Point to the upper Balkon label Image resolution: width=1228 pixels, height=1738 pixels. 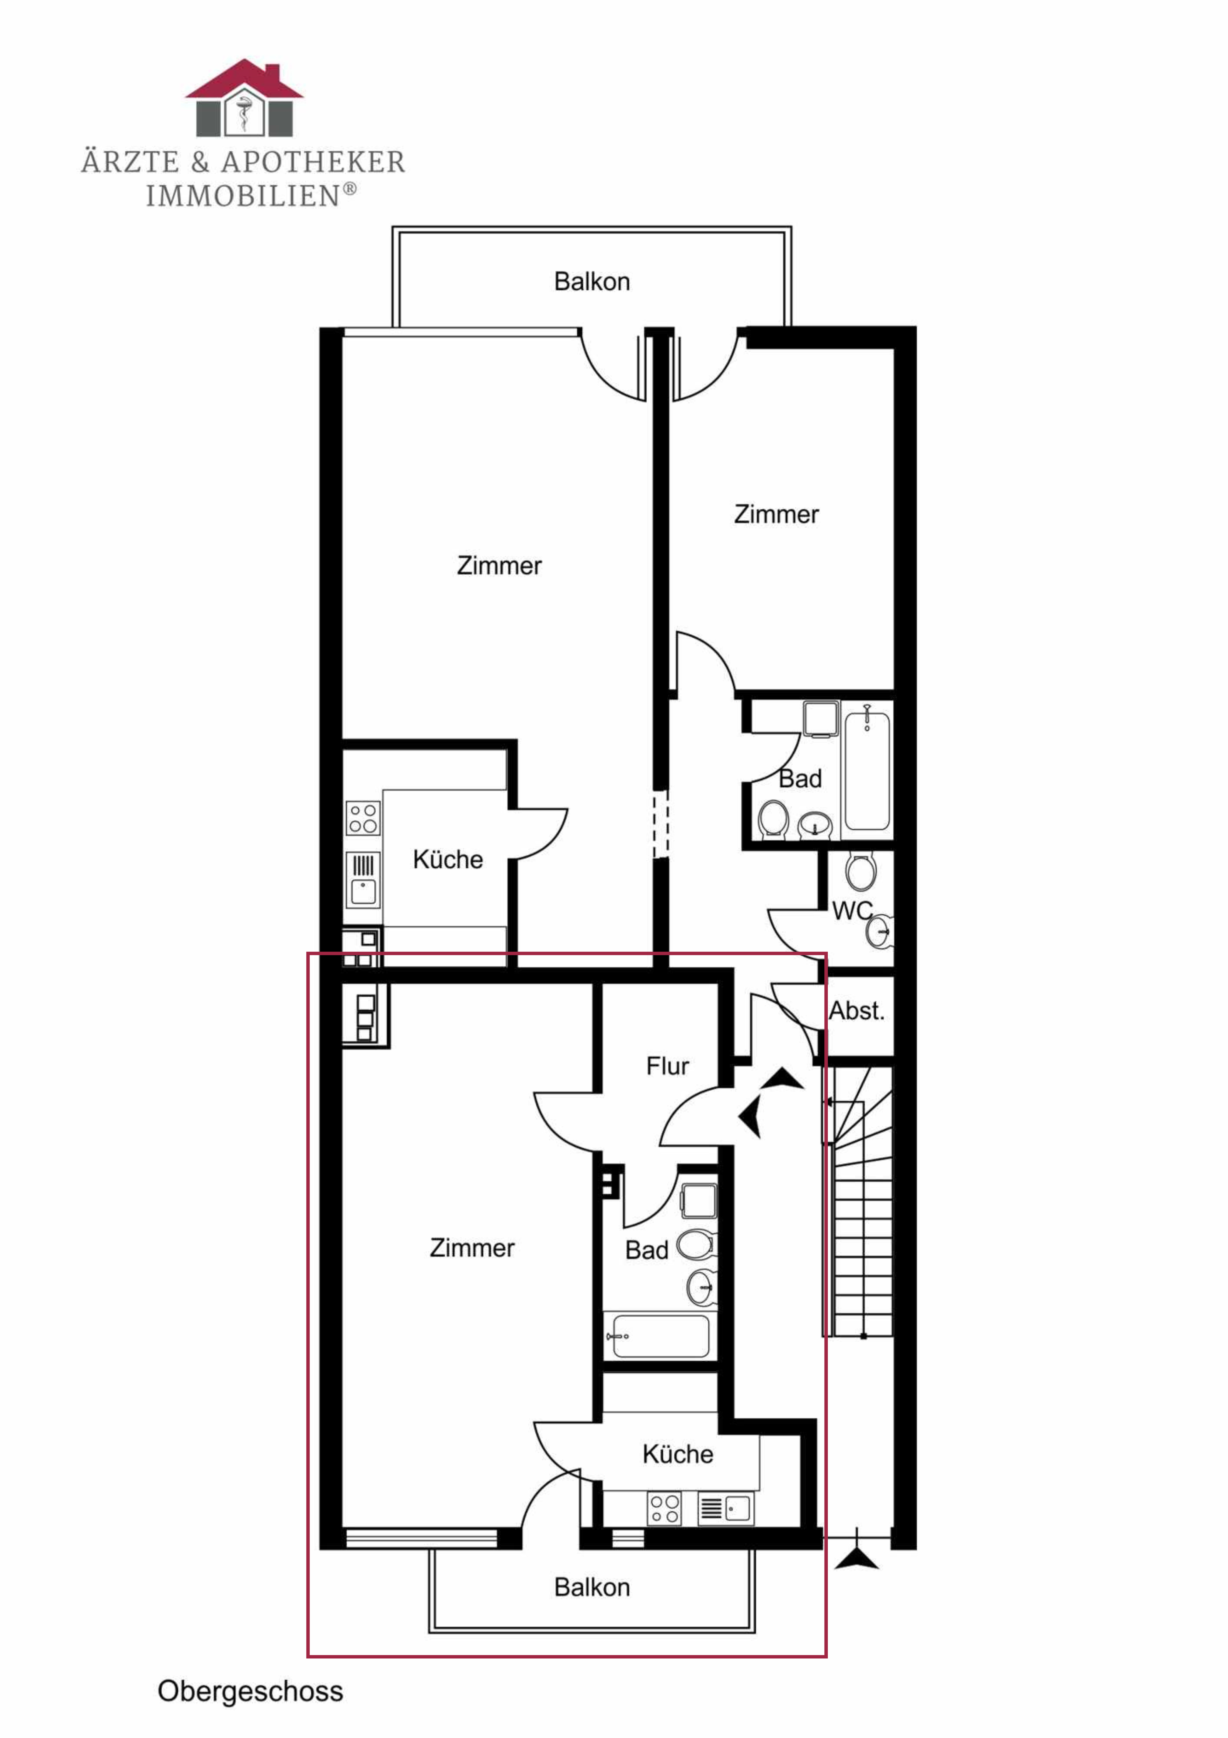(x=592, y=282)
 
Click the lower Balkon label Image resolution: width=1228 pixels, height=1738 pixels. (x=592, y=1587)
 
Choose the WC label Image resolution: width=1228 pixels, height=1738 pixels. (x=852, y=911)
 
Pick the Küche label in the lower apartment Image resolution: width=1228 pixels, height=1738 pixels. (x=678, y=1454)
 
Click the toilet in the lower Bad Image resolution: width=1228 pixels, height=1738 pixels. (x=695, y=1245)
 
